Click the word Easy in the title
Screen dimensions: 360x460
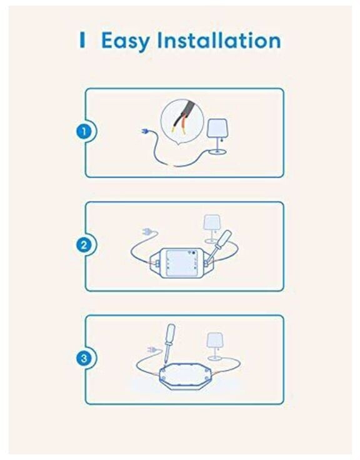125,41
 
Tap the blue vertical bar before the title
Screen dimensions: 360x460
82,39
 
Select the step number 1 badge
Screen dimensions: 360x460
84,131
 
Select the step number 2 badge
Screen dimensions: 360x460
84,244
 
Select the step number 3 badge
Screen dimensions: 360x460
84,358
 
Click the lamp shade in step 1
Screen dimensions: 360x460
217,128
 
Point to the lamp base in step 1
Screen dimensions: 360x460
217,151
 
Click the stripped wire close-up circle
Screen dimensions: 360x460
182,121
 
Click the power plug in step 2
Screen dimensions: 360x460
147,232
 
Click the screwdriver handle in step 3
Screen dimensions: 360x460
170,334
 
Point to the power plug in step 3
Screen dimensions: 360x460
152,350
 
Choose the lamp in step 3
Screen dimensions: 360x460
215,346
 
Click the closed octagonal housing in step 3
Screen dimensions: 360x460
184,376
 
